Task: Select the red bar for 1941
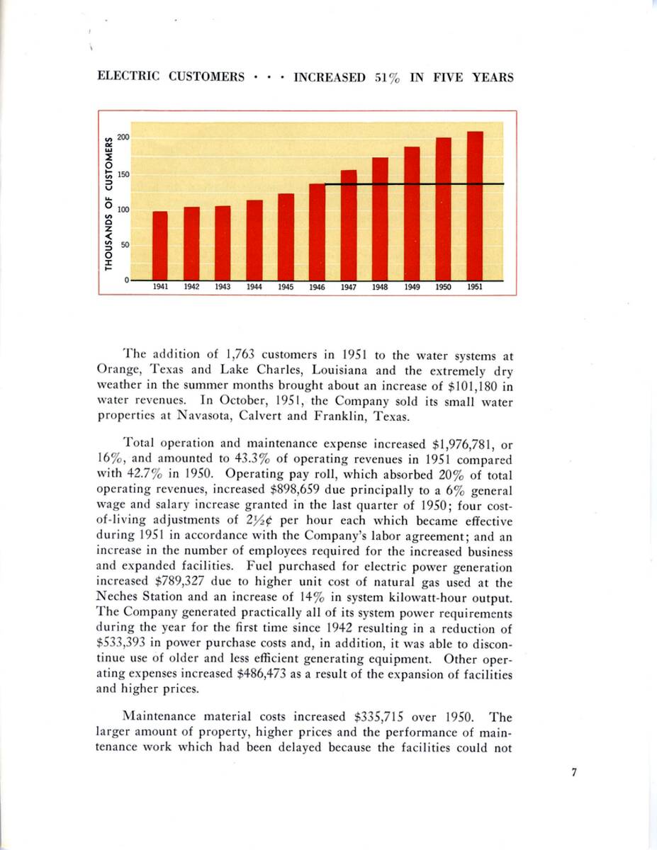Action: pos(161,246)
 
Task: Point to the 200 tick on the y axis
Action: pos(123,137)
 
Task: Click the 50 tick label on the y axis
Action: pos(125,245)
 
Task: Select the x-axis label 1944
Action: pos(254,288)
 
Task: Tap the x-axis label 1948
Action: pos(380,288)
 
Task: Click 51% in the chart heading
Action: pos(386,77)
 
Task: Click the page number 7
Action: pos(574,773)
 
